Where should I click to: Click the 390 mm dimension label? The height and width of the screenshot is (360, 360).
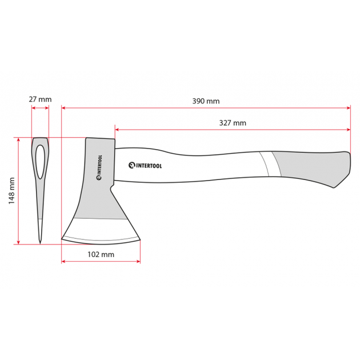click(x=206, y=101)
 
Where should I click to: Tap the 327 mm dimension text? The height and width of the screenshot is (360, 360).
click(x=233, y=123)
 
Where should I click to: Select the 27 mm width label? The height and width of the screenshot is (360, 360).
click(x=40, y=99)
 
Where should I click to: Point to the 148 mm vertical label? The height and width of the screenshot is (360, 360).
click(x=11, y=190)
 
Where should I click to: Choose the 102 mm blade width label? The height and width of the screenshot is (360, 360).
click(x=101, y=254)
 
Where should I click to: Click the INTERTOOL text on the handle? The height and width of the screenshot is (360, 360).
click(x=145, y=165)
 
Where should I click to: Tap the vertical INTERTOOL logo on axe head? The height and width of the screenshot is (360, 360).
click(x=99, y=167)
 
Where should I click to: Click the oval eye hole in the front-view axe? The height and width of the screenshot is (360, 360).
click(x=40, y=162)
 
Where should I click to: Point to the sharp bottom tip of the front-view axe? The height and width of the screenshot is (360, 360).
click(x=40, y=243)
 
